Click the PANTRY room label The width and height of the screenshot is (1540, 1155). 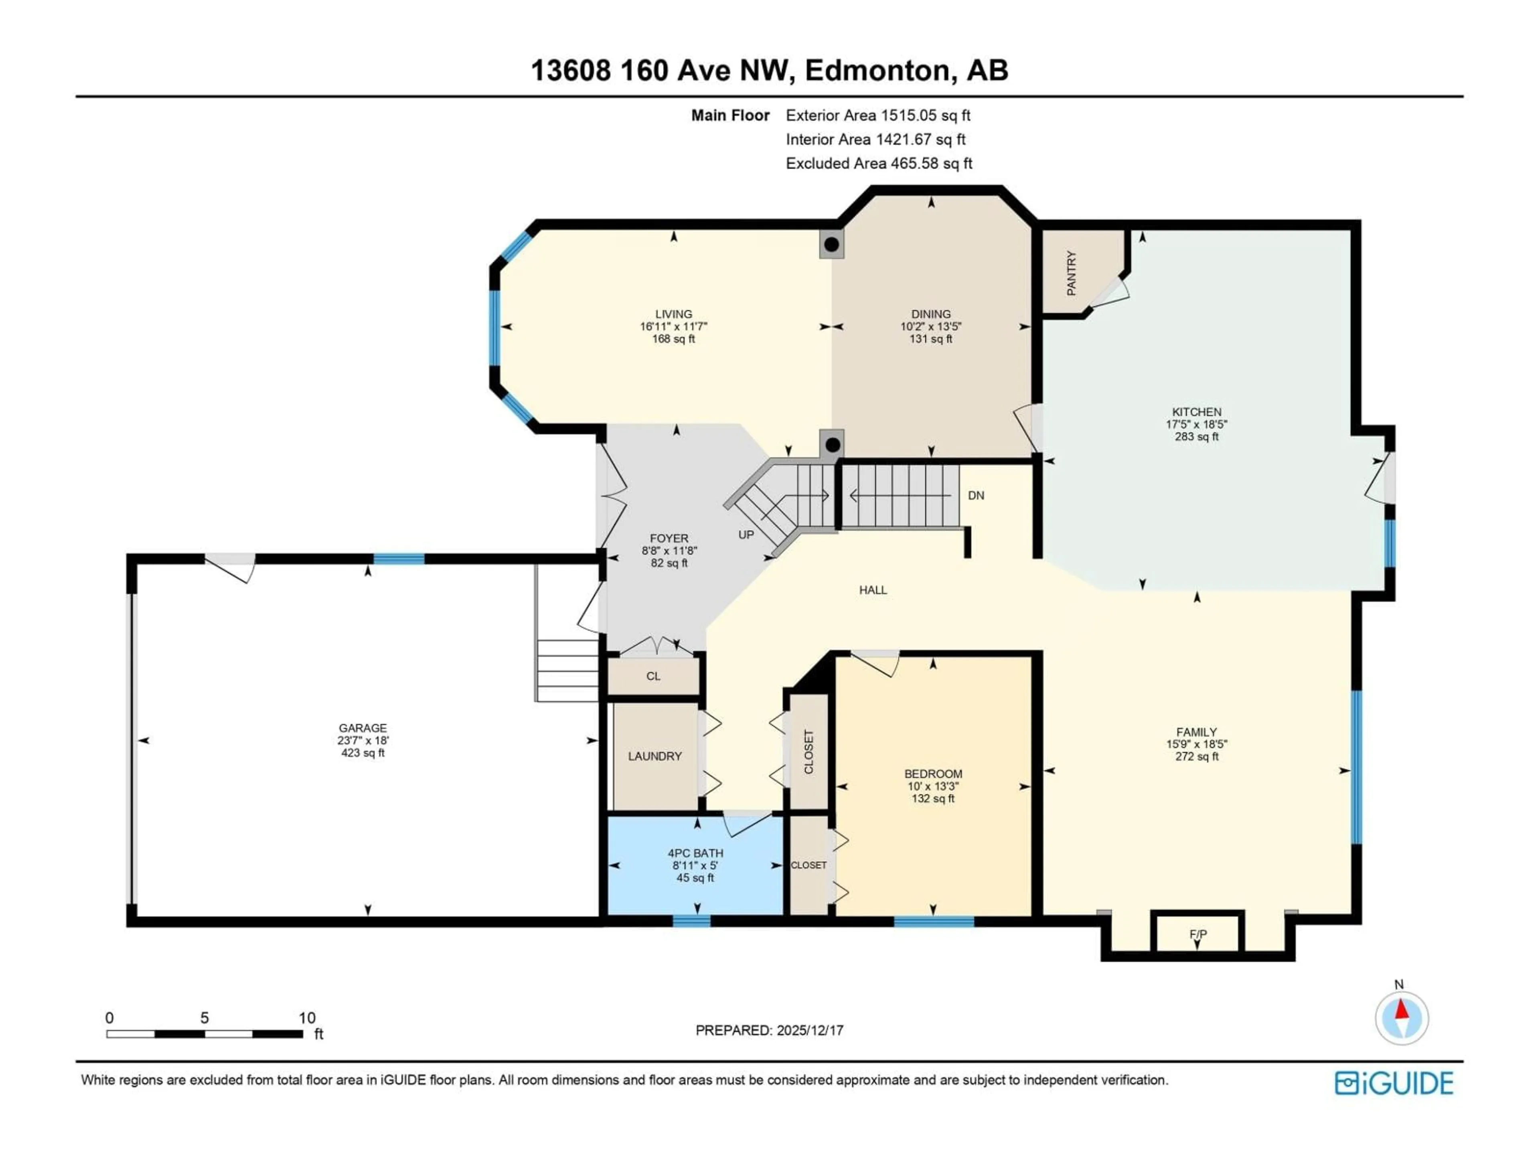(1072, 274)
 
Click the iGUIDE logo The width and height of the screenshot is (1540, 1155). (1394, 1083)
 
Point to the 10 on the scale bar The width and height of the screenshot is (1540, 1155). (307, 1018)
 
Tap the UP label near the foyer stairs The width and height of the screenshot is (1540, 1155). (746, 535)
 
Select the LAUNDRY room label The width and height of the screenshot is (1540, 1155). (654, 756)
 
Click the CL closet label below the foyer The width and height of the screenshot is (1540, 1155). (653, 676)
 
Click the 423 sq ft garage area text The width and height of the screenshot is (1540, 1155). (363, 753)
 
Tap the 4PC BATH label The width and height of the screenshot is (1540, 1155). (695, 853)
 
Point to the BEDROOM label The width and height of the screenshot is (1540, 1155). (933, 774)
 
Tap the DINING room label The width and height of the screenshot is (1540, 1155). (931, 314)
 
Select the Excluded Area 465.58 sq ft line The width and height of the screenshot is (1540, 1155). (879, 164)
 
